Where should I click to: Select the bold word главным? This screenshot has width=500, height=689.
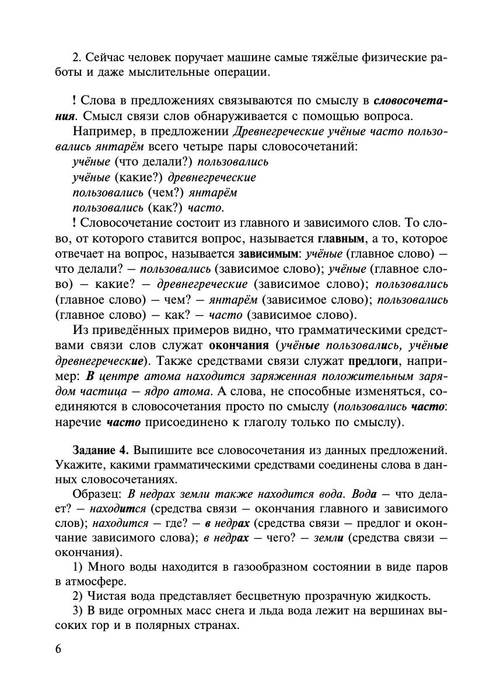341,239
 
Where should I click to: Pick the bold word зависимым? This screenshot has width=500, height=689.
268,254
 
